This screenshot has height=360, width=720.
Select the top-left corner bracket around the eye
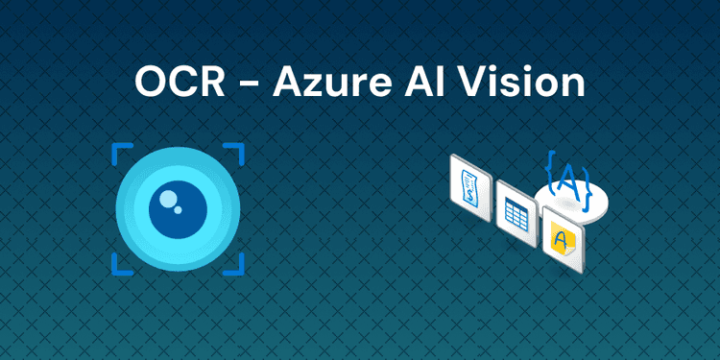coord(120,153)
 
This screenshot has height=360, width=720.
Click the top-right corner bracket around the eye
coord(235,153)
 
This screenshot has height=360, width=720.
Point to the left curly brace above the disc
coord(550,173)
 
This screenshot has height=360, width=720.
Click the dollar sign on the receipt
coord(469,193)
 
